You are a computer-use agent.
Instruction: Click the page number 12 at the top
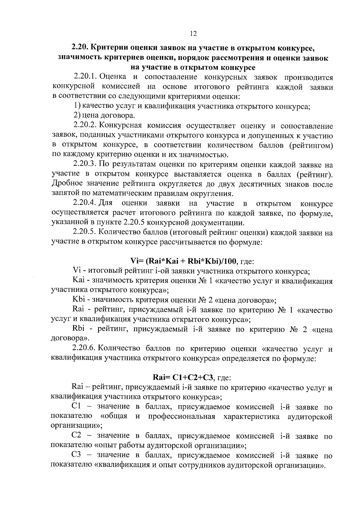pyautogui.click(x=193, y=34)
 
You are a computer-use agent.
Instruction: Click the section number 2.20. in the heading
pyautogui.click(x=79, y=48)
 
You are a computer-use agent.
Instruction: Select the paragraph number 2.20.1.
pyautogui.click(x=85, y=77)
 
